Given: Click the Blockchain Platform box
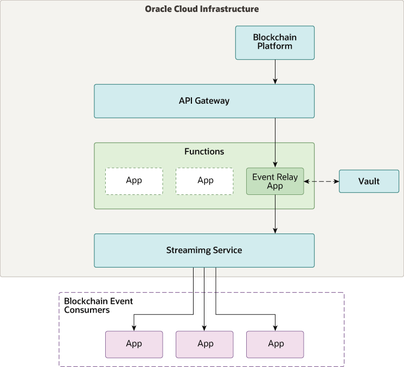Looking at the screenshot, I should click(x=275, y=43).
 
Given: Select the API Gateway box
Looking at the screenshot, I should click(x=204, y=101).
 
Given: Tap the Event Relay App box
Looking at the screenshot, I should click(x=275, y=181).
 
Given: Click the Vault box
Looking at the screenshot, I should click(x=369, y=181).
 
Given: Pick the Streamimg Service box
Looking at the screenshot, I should click(x=204, y=250).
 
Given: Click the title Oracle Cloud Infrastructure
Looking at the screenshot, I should click(x=202, y=9).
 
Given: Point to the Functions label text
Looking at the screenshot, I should click(x=204, y=151).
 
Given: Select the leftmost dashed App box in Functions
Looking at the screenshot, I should click(x=134, y=181).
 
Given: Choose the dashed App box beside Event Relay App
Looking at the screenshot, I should click(x=204, y=181).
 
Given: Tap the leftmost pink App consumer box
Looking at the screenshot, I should click(x=134, y=344).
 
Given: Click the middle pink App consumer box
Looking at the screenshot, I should click(x=204, y=344).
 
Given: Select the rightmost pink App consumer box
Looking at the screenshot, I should click(x=275, y=344).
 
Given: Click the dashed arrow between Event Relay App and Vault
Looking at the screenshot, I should click(x=322, y=181).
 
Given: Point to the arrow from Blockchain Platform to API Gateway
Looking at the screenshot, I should click(x=275, y=72).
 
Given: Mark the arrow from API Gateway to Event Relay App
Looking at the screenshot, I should click(x=275, y=141).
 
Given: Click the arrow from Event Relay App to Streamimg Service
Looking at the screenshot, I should click(x=275, y=214).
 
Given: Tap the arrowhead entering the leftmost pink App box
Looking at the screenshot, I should click(x=134, y=327).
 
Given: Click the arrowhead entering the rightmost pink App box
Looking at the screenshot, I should click(x=275, y=327).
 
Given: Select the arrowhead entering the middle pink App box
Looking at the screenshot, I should click(x=204, y=327).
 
